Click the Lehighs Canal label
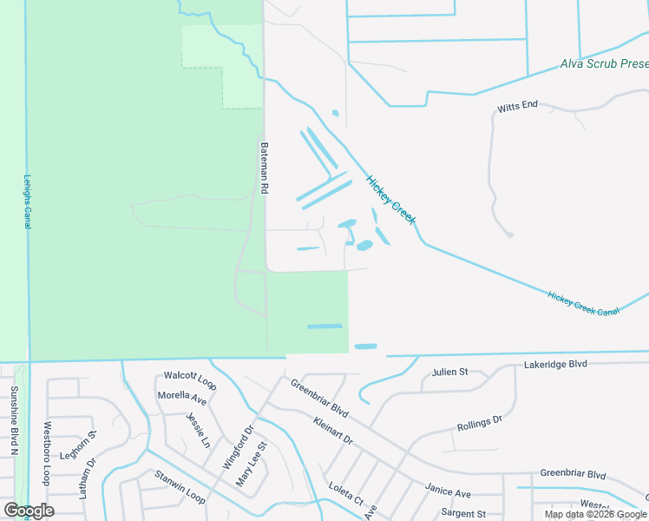(26, 199)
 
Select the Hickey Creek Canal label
(583, 303)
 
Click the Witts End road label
(517, 106)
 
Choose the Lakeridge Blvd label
(556, 366)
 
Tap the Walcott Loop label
(190, 379)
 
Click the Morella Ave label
(181, 399)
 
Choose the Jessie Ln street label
(199, 429)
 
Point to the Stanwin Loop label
(180, 486)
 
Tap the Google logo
(29, 511)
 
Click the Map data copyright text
(596, 514)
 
